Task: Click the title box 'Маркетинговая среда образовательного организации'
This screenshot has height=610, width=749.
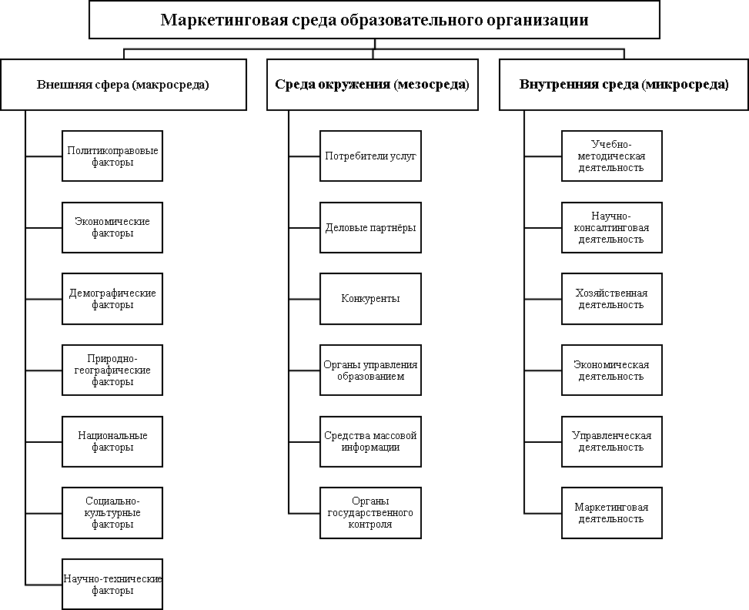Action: [x=374, y=20]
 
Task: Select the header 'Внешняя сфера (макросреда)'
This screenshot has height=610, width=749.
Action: [x=123, y=85]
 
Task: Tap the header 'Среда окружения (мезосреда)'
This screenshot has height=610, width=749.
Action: [x=372, y=85]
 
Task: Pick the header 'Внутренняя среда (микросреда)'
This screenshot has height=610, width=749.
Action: [x=624, y=85]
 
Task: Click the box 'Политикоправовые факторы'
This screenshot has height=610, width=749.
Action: [x=112, y=156]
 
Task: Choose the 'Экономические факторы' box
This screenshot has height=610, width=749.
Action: [x=112, y=227]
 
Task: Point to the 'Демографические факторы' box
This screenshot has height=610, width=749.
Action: [x=112, y=299]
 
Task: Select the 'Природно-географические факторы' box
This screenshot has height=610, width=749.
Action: [x=112, y=370]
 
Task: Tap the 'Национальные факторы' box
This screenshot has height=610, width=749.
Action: [x=112, y=441]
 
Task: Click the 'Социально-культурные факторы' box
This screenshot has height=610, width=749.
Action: [x=112, y=513]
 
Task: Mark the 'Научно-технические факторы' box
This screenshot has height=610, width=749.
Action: [x=112, y=585]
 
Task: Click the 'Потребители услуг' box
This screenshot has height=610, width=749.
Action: [x=370, y=156]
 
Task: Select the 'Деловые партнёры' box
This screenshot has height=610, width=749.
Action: [x=370, y=227]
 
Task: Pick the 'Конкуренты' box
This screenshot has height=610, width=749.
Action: [x=370, y=299]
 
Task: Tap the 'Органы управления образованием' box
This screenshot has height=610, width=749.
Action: [x=370, y=370]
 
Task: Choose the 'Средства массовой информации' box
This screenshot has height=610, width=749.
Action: [x=370, y=441]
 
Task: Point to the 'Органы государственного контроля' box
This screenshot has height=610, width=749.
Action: [x=370, y=513]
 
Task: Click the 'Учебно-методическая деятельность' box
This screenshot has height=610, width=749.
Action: [x=611, y=156]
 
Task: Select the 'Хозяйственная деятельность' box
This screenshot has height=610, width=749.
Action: [x=611, y=299]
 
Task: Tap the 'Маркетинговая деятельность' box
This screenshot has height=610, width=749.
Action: [x=611, y=513]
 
